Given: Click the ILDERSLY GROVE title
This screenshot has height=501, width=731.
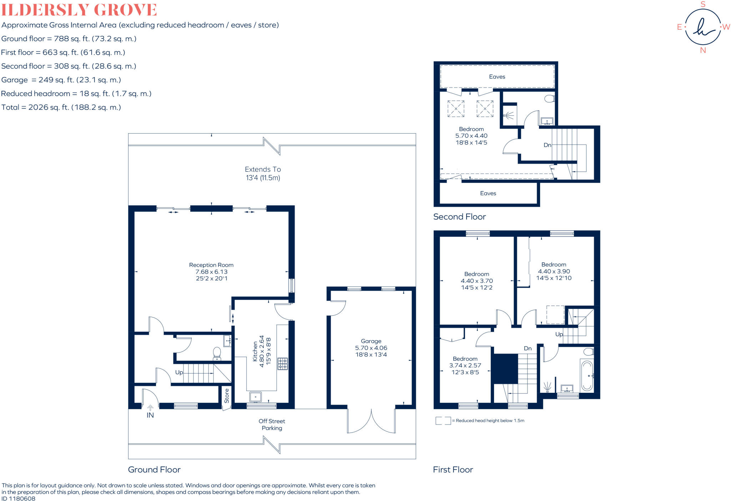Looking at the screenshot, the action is [79, 10].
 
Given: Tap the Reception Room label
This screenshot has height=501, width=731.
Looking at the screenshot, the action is [211, 271].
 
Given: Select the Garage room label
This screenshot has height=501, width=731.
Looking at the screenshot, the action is [371, 348].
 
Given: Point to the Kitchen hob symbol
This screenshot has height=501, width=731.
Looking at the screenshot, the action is [283, 364].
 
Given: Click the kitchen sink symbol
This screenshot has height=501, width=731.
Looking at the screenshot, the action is [256, 397].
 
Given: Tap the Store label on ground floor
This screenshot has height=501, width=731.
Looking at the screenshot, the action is [227, 396].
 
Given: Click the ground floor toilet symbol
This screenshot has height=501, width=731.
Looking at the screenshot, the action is [217, 354].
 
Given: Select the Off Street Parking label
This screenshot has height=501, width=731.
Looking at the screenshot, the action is [272, 425].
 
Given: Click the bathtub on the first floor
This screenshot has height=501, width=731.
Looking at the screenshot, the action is [587, 376].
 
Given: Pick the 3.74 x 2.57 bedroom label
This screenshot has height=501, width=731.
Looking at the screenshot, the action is [465, 365].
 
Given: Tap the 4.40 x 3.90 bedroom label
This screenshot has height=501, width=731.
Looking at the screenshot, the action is [554, 271].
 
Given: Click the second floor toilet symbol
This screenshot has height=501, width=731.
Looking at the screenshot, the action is [550, 98].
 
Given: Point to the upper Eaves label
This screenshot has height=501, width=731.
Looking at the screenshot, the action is [497, 77].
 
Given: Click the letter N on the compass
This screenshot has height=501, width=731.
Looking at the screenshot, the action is [703, 50].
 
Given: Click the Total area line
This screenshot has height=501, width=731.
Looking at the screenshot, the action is [61, 107].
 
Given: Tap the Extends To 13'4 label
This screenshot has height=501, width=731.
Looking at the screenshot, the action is [263, 174].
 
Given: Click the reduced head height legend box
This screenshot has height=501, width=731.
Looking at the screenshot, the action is [443, 421].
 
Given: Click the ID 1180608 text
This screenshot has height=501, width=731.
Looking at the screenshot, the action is [19, 499].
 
